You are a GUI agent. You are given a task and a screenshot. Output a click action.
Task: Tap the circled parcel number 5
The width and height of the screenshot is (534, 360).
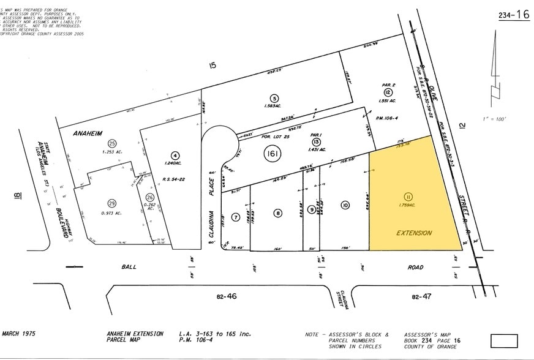[x=275, y=98]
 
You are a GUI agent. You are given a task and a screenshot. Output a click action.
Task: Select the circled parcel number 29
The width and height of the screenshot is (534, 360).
[x=112, y=203]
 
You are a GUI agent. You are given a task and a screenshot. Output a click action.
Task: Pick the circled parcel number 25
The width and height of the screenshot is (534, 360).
[x=112, y=143]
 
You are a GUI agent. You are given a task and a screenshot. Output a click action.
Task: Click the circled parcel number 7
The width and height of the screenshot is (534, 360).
[x=235, y=217]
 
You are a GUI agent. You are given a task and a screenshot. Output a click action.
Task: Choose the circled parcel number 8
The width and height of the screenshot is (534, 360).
[x=278, y=213]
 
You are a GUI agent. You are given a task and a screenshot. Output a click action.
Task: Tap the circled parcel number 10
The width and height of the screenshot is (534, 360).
[x=345, y=205]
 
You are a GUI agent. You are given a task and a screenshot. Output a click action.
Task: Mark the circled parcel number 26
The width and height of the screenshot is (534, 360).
[x=150, y=198]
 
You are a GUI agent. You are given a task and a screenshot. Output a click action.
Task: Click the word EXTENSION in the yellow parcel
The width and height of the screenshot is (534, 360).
[x=414, y=233]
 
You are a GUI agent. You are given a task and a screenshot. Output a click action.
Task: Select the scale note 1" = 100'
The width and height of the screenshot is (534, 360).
[x=494, y=118]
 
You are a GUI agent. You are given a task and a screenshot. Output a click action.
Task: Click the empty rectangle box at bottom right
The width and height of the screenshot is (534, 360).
[x=503, y=341]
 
